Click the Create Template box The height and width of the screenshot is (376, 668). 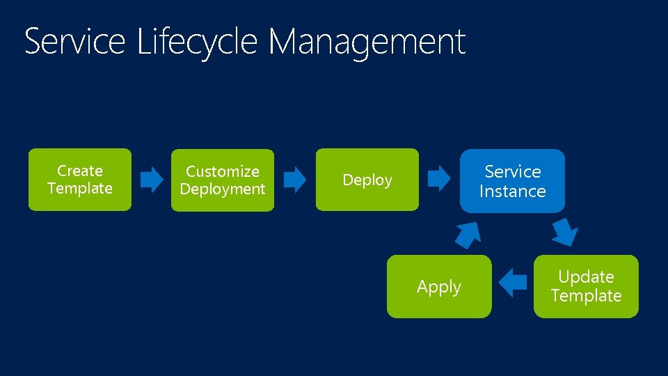(79, 179)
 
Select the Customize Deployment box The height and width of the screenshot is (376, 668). (223, 180)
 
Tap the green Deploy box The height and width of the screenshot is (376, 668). (367, 180)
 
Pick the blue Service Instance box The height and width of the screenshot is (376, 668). (512, 180)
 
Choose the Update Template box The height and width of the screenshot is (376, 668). (586, 286)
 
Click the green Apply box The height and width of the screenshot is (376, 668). (439, 286)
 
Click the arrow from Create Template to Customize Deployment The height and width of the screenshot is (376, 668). (152, 180)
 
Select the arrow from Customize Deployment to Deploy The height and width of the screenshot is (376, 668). (295, 180)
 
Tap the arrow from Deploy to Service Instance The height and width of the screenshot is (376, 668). (438, 179)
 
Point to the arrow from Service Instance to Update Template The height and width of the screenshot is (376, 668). (564, 231)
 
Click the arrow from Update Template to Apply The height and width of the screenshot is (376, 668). (514, 282)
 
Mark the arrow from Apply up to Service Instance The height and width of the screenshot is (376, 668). (468, 235)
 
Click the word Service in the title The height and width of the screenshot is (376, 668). (74, 41)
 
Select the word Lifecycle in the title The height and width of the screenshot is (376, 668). (198, 41)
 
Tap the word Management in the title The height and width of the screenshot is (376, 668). (367, 41)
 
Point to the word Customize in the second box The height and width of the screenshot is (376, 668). (223, 171)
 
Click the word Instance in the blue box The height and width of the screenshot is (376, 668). (512, 191)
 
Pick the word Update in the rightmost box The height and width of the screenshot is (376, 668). (586, 277)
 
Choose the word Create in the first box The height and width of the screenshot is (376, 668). (79, 171)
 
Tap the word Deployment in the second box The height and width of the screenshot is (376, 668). (223, 189)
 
